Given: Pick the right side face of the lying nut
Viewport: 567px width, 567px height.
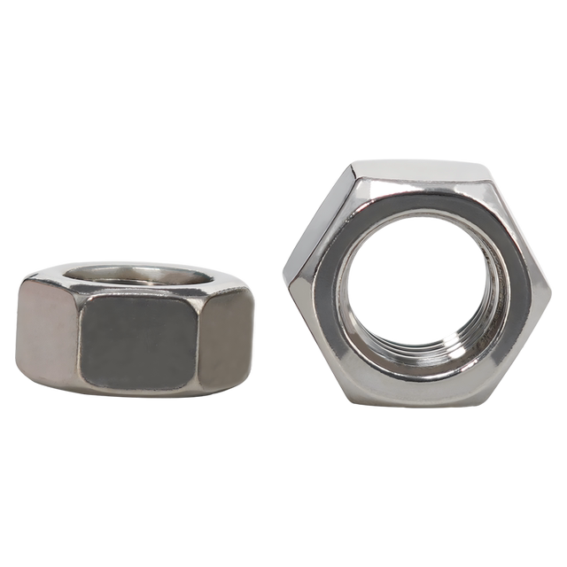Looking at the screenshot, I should click(x=226, y=337).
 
